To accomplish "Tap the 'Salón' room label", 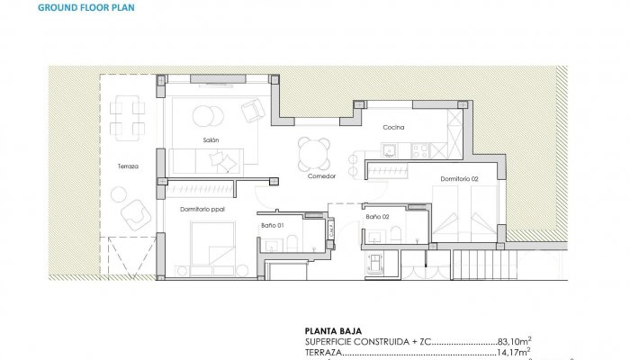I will (211, 139).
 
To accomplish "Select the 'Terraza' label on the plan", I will (128, 166).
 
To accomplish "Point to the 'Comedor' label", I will (321, 176).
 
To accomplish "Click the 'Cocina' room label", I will (393, 128).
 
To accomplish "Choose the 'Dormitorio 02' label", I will (459, 179).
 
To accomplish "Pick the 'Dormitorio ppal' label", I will (202, 210).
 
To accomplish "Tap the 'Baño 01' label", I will (273, 224).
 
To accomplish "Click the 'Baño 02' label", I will (377, 217).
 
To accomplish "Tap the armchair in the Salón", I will (253, 111).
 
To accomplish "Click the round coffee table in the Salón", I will (206, 115).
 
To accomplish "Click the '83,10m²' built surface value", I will (514, 341).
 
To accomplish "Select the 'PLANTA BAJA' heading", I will (333, 329).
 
